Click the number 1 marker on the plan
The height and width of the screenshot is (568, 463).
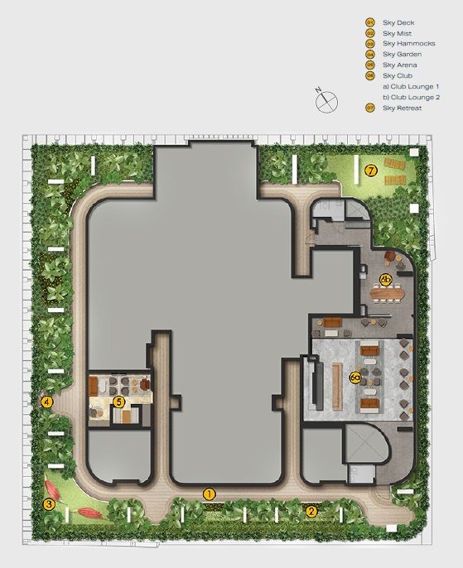(x=209, y=493)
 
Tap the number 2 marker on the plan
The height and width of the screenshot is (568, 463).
(x=311, y=512)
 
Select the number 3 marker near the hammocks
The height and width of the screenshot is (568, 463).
(x=49, y=504)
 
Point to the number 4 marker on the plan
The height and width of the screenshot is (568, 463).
(x=47, y=402)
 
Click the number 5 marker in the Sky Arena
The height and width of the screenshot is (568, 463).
(x=118, y=402)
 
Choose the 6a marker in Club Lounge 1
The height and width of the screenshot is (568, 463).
(x=355, y=378)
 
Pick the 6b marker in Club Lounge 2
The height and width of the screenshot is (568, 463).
(x=386, y=279)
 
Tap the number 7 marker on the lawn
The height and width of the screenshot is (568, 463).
(x=371, y=171)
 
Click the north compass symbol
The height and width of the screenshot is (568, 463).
(x=326, y=101)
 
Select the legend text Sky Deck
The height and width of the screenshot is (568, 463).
(x=398, y=22)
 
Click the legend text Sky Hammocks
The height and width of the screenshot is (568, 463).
(x=409, y=43)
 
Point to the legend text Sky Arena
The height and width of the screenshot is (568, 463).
(x=400, y=65)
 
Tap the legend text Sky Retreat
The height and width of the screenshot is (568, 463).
(x=403, y=108)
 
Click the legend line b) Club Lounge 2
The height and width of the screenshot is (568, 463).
(x=412, y=97)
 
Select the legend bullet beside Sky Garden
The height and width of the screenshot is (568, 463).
(x=370, y=55)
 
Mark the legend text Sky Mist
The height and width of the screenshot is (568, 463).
(x=397, y=33)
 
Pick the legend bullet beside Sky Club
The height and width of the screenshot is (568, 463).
(x=370, y=75)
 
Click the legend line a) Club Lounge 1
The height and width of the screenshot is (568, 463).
(x=411, y=87)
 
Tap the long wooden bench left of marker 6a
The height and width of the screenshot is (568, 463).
(x=337, y=387)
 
